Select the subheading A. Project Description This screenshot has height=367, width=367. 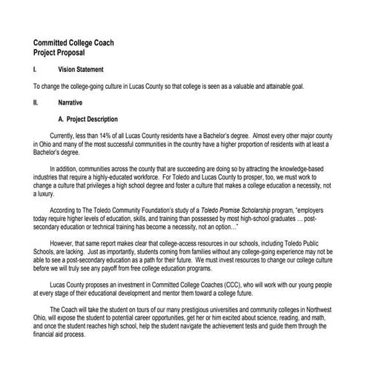(x=88, y=119)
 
